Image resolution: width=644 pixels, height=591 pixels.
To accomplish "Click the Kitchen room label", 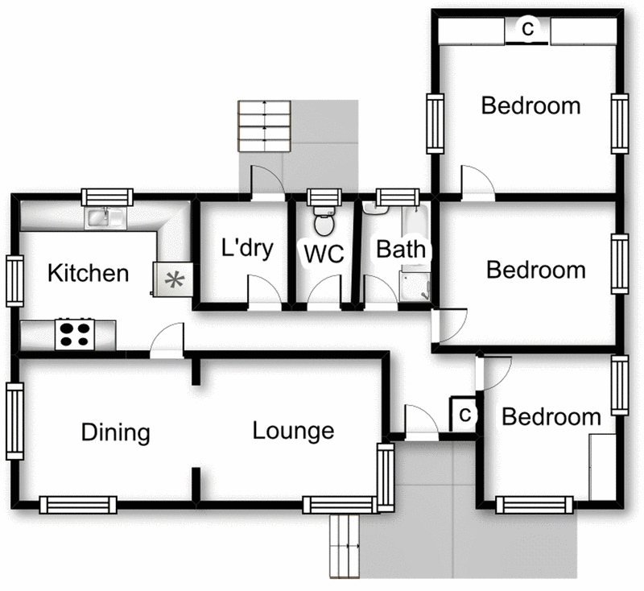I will (89, 273).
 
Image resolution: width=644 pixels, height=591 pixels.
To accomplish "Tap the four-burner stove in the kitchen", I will (74, 333).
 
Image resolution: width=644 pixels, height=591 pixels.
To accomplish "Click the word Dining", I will (116, 433).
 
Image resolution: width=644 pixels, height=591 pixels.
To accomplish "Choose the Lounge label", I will (293, 431).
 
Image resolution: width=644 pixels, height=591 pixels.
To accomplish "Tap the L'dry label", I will (247, 248).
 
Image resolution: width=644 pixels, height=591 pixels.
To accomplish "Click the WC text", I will (323, 254).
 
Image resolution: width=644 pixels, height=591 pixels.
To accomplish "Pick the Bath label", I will (401, 250).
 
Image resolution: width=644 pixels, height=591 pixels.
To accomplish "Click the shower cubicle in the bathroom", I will (415, 284).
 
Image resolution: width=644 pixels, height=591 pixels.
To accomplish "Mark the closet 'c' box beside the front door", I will (464, 415).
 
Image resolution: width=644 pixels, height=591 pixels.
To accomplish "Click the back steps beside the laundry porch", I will (263, 126).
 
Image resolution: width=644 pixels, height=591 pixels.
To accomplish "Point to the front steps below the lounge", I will (347, 546).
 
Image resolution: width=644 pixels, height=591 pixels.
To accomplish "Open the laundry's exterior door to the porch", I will (266, 183).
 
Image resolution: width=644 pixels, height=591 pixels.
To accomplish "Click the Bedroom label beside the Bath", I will (535, 270).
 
